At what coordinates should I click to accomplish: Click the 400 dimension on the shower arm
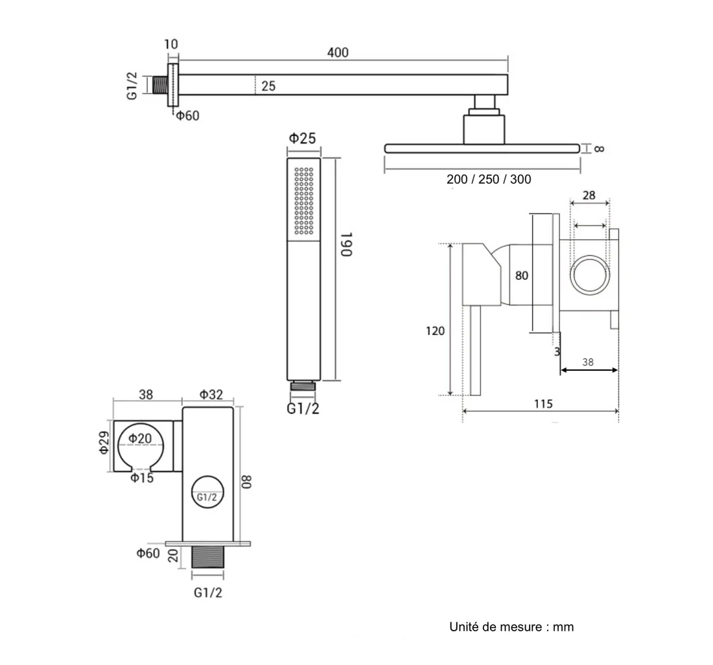point(338,52)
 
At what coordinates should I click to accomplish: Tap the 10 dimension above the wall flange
point(171,44)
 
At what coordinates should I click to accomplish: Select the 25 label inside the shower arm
point(268,86)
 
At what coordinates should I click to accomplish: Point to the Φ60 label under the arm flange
point(188,115)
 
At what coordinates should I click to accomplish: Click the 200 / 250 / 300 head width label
point(489,179)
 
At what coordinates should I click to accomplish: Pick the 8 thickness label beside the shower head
point(600,148)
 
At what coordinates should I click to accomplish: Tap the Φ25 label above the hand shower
point(303,137)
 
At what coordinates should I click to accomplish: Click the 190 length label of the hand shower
point(347,244)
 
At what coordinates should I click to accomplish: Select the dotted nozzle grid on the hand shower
point(304,201)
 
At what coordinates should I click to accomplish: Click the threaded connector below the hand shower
point(303,386)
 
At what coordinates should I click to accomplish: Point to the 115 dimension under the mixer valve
point(543,404)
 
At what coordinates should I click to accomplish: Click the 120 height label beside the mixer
point(435,331)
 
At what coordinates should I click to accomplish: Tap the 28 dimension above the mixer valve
point(589,195)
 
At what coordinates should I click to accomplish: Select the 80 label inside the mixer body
point(522,275)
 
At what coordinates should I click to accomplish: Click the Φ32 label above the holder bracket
point(211,395)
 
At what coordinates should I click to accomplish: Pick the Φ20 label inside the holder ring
point(140,438)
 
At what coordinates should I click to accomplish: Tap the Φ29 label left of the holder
point(104,443)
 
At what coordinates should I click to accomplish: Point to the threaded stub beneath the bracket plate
point(208,557)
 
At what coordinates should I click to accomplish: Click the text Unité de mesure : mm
point(511,627)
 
